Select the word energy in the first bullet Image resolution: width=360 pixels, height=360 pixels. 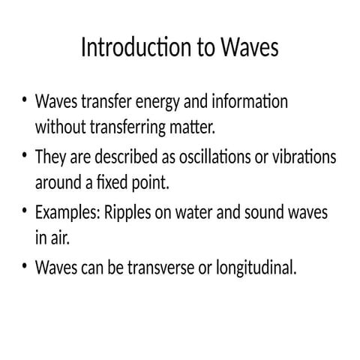point(154,101)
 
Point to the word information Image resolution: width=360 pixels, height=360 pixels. point(250,101)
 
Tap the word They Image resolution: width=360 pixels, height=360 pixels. point(52,157)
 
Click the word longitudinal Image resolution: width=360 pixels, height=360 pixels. point(254,268)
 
